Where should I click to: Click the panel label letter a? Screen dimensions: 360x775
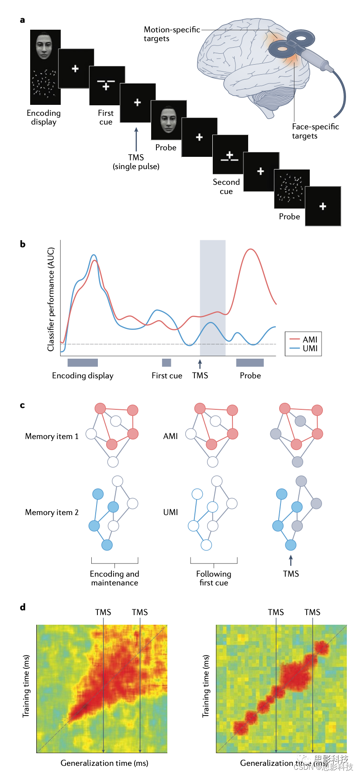point(22,20)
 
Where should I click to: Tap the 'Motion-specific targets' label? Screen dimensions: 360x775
point(171,34)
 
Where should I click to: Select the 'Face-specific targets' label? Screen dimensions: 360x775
point(315,131)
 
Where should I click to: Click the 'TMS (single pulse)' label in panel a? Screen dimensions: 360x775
point(136,162)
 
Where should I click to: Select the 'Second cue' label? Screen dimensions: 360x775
point(226,187)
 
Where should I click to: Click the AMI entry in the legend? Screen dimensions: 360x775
point(304,339)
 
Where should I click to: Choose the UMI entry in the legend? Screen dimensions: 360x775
point(304,349)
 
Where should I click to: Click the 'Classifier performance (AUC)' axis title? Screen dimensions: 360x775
point(51,299)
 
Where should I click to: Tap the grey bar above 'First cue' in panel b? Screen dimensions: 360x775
point(166,363)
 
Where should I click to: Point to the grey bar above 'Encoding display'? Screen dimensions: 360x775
point(83,363)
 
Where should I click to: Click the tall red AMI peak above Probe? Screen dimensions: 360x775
point(250,250)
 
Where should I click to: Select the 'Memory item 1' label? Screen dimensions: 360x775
point(52,436)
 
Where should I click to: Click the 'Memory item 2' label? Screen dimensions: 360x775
point(52,512)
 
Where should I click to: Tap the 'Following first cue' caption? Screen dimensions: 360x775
point(214,578)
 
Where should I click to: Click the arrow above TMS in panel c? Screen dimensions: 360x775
point(291,560)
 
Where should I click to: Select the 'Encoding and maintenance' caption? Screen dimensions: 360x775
point(114,578)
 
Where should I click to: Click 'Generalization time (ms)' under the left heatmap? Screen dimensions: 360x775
point(104,763)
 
